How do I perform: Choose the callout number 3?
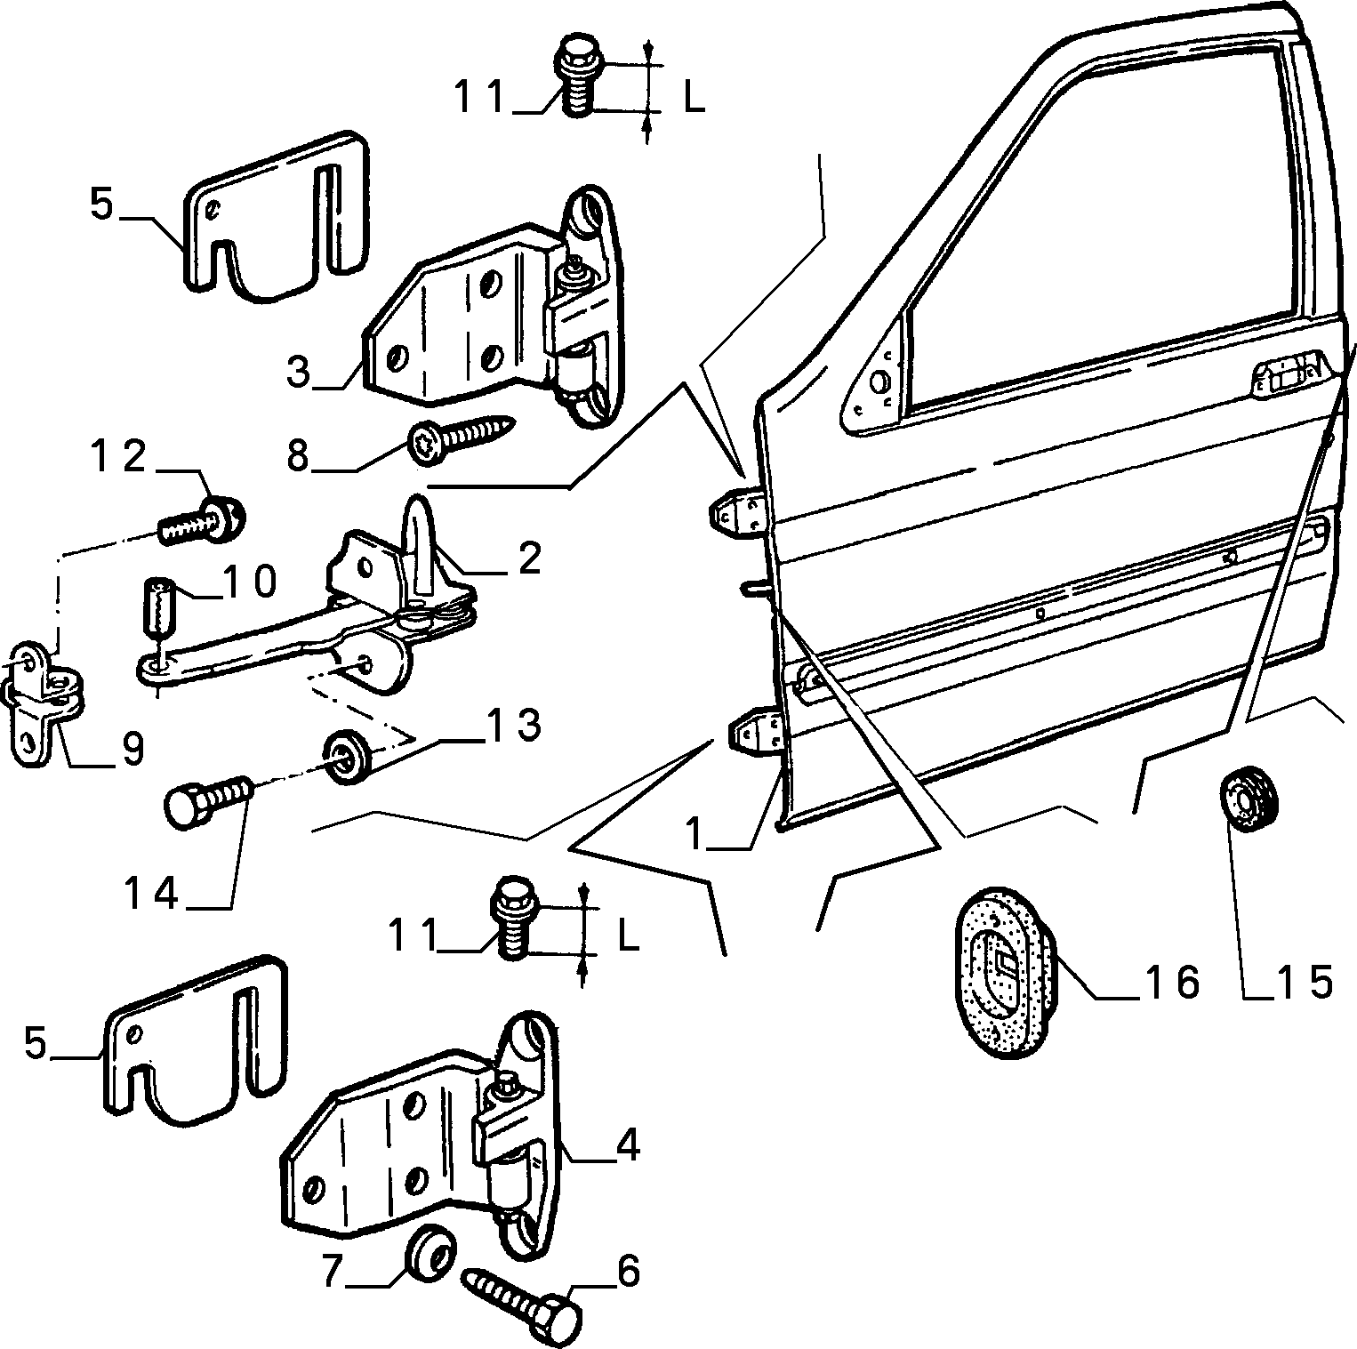(301, 371)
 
